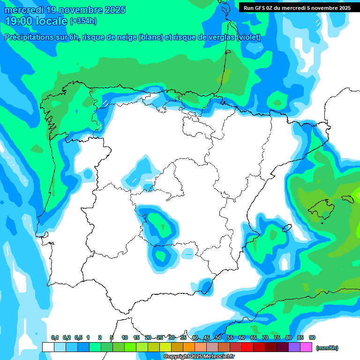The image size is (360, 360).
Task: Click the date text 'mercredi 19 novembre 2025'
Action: (x=65, y=10)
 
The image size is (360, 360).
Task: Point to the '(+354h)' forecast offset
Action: (x=83, y=21)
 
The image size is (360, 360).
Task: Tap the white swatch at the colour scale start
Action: (x=48, y=347)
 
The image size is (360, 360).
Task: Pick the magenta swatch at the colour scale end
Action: (x=306, y=347)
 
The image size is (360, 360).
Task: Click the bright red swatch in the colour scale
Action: (x=247, y=347)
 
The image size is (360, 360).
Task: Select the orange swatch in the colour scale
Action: (x=188, y=347)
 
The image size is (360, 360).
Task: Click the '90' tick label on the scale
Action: (x=312, y=338)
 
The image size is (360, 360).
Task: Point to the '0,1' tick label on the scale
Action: (x=55, y=338)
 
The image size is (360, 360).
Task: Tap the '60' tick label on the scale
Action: (x=242, y=338)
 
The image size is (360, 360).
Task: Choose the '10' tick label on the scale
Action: (x=125, y=338)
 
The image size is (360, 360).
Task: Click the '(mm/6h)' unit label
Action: (x=327, y=348)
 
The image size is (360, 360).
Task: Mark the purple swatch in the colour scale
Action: (x=294, y=347)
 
